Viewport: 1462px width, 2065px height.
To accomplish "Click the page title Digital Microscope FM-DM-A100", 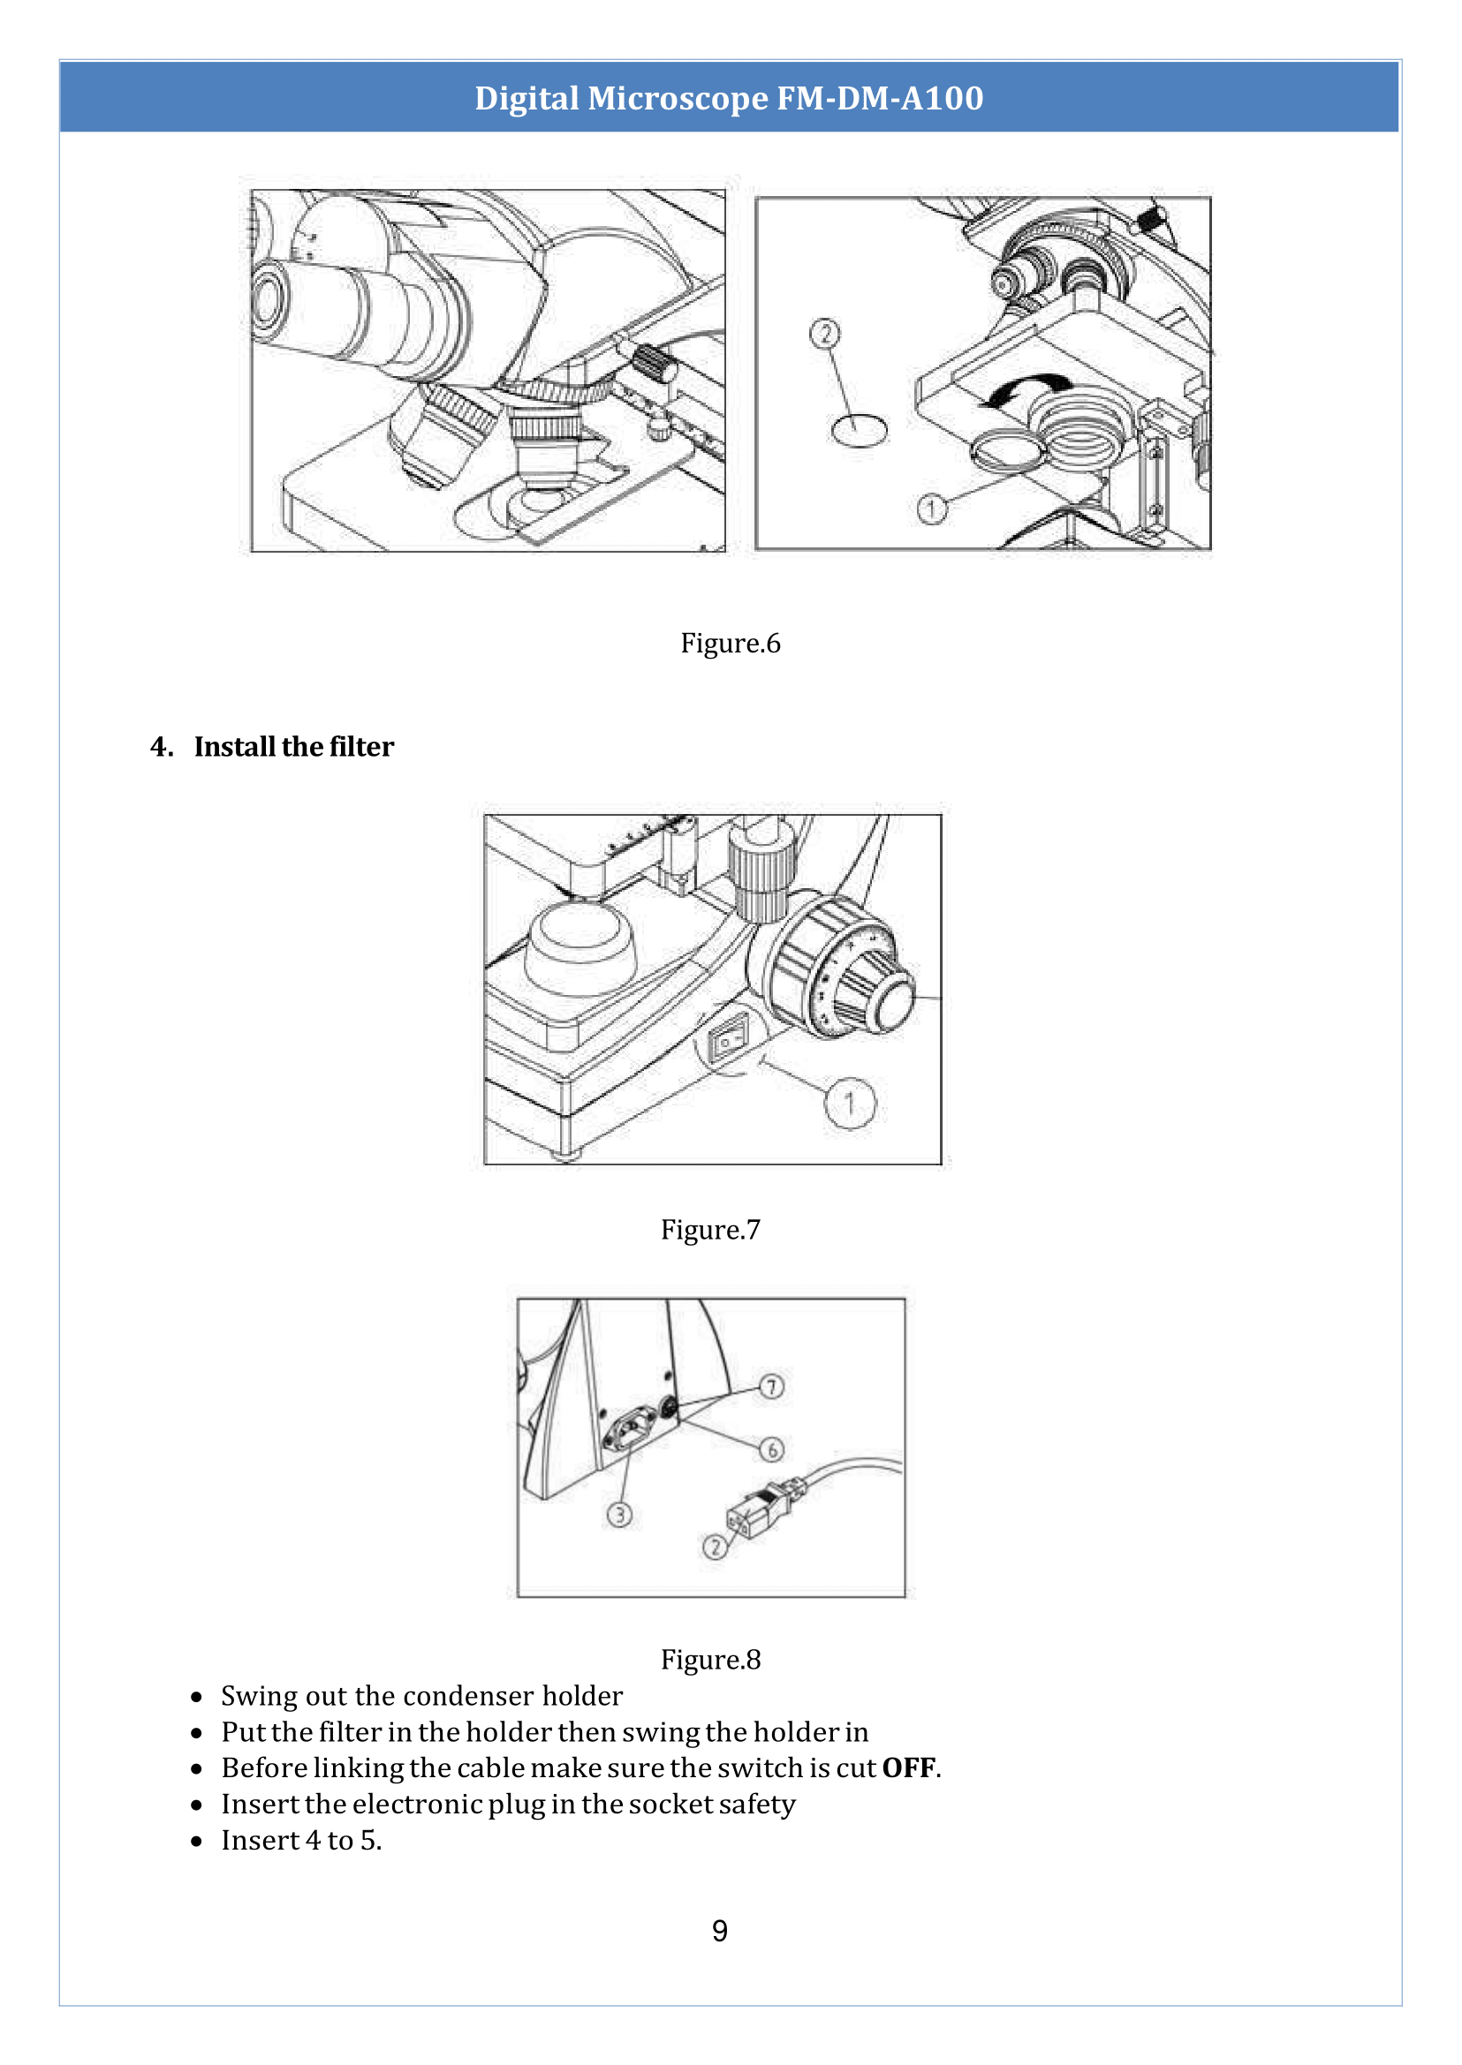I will [729, 98].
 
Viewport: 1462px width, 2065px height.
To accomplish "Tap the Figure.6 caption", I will [730, 644].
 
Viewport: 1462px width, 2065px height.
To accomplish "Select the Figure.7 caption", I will [710, 1230].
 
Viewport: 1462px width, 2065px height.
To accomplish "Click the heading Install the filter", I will [293, 747].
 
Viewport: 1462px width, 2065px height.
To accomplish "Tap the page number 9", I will [719, 1931].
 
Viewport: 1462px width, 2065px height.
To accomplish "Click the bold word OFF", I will [908, 1768].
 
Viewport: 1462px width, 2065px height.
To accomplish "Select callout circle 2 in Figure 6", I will [824, 334].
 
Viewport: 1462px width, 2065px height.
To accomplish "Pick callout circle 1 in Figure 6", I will [932, 509].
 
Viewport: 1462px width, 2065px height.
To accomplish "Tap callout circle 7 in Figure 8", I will [771, 1387].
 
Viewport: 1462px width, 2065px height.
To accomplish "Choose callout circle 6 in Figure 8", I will [771, 1450].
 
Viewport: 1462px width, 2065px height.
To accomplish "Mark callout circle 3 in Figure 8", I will [619, 1515].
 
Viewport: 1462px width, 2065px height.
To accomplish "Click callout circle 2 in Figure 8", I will [715, 1547].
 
